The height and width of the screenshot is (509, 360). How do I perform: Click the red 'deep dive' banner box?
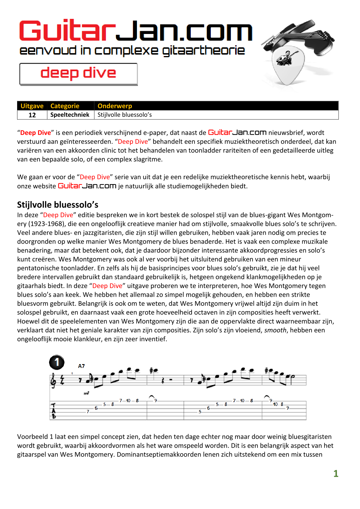click(78, 74)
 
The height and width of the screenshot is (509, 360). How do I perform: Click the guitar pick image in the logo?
click(287, 65)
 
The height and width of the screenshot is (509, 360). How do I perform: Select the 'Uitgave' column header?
click(32, 106)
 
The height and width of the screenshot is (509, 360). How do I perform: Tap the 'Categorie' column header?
click(65, 106)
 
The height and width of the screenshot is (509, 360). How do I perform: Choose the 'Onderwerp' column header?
click(115, 106)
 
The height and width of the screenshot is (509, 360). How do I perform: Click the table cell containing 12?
click(32, 115)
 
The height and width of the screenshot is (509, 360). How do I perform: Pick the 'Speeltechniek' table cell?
click(70, 115)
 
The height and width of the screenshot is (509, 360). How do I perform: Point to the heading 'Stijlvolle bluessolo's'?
click(58, 205)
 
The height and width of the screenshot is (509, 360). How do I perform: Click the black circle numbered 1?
click(57, 362)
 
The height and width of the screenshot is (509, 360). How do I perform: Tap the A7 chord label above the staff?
click(81, 366)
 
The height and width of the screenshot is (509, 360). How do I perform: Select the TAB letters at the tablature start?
click(54, 411)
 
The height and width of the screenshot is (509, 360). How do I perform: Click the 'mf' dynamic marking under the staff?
click(86, 393)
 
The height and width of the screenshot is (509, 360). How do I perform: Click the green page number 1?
click(336, 474)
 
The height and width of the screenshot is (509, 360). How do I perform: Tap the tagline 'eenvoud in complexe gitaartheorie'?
click(132, 51)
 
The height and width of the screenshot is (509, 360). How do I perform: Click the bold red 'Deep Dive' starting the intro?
click(35, 133)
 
